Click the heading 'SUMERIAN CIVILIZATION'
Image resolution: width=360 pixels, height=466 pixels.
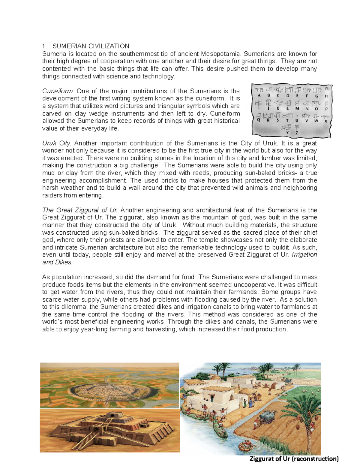91,46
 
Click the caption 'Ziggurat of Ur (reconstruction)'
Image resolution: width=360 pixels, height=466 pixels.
294,459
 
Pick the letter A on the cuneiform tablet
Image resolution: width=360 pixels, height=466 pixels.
259,96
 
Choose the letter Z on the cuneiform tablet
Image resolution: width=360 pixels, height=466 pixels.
297,132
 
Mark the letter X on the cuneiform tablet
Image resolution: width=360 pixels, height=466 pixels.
325,121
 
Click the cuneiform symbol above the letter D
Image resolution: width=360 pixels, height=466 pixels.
289,90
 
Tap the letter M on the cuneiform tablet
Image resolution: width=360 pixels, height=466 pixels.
297,109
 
